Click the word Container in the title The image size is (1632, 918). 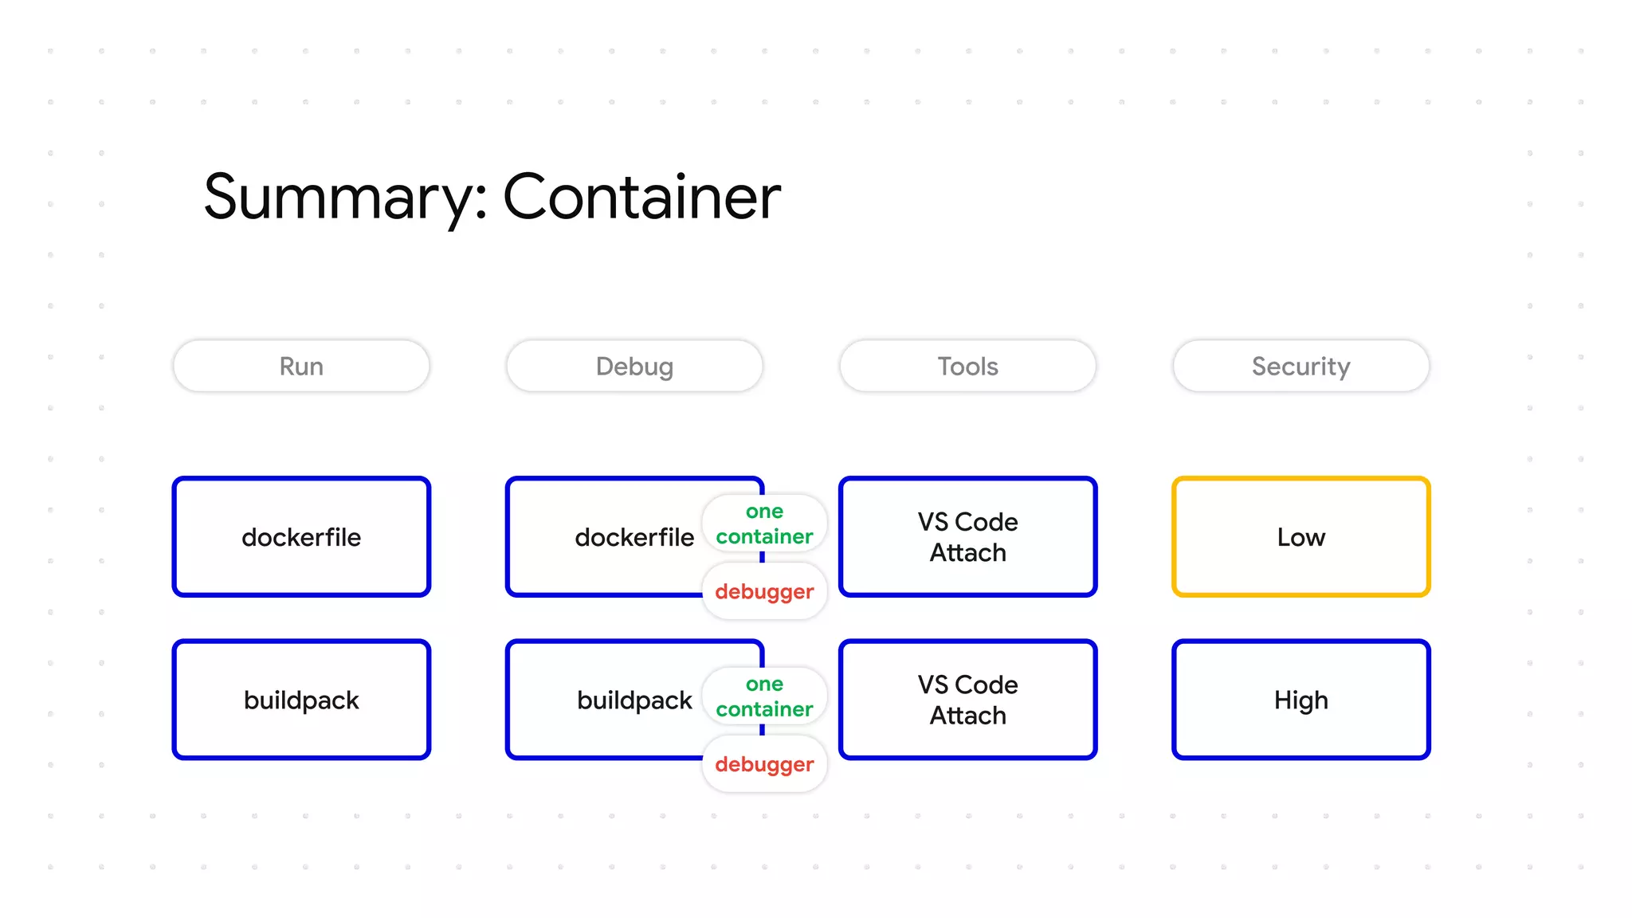tap(641, 198)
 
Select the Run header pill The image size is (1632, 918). tap(301, 367)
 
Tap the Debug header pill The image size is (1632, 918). tap(634, 367)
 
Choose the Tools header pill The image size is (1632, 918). tap(967, 367)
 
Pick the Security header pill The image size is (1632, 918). tap(1300, 367)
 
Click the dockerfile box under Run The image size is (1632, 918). tap(301, 537)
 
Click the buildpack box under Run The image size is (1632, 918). tap(301, 700)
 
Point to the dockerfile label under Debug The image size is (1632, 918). tap(634, 538)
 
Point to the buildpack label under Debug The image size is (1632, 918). tap(634, 700)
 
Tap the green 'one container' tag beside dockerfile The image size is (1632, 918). tap(764, 524)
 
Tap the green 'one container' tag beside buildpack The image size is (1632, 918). tap(764, 697)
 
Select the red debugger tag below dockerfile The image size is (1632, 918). tap(764, 592)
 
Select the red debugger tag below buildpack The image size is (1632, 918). tap(764, 765)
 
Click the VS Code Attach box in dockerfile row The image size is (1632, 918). tap(967, 537)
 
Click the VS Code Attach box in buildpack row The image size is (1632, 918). tap(967, 700)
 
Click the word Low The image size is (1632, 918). tap(1300, 538)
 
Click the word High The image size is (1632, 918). tap(1300, 700)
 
